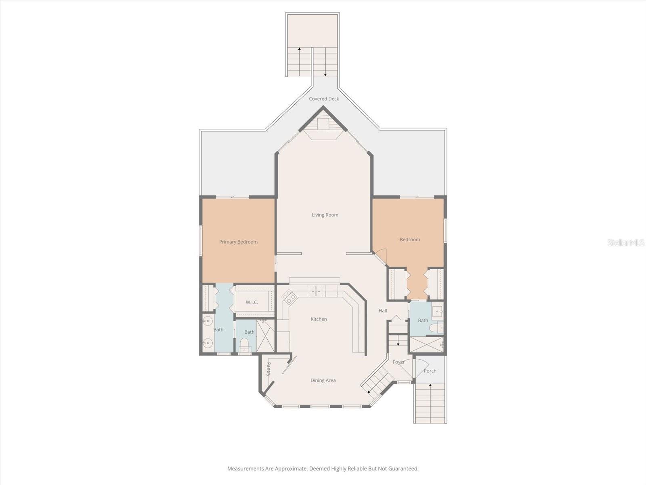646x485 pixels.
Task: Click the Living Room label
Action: pyautogui.click(x=325, y=215)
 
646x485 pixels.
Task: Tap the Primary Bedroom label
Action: pyautogui.click(x=238, y=242)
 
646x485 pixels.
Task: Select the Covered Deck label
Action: pyautogui.click(x=324, y=99)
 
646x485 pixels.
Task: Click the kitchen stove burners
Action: pyautogui.click(x=289, y=297)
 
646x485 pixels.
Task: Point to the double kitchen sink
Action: pyautogui.click(x=316, y=291)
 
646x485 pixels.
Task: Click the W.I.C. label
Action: pyautogui.click(x=252, y=302)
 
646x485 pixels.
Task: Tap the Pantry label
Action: pyautogui.click(x=268, y=369)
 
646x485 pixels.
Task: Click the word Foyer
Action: pyautogui.click(x=399, y=362)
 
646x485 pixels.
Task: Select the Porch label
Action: pyautogui.click(x=430, y=371)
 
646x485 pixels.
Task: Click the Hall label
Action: pyautogui.click(x=383, y=310)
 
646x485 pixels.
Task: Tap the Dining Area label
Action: pyautogui.click(x=323, y=380)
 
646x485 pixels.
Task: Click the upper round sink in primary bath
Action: pyautogui.click(x=208, y=321)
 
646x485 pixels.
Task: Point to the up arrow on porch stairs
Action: pyautogui.click(x=430, y=386)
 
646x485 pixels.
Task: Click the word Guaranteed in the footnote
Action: pyautogui.click(x=403, y=468)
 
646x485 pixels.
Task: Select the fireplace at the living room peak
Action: pyautogui.click(x=323, y=124)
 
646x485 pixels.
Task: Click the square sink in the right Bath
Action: pyautogui.click(x=437, y=312)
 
